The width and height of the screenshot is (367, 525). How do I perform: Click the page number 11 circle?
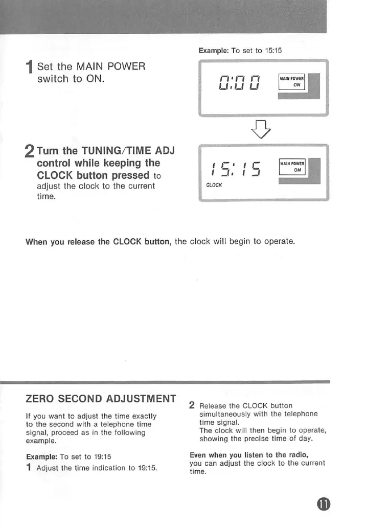tap(324, 505)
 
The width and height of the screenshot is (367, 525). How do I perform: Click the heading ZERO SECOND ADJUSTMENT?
tap(101, 399)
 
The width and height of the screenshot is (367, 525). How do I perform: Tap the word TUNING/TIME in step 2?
tap(109, 151)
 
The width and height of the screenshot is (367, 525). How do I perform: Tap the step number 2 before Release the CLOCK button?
tap(192, 405)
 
